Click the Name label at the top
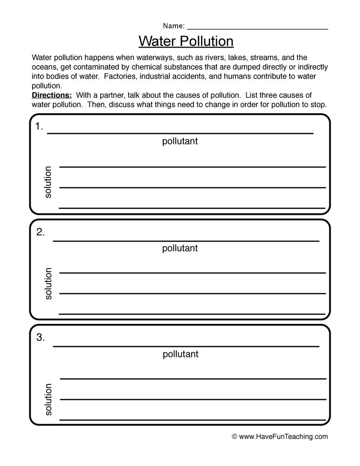pyautogui.click(x=173, y=25)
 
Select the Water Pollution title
pyautogui.click(x=186, y=41)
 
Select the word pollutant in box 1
pyautogui.click(x=180, y=141)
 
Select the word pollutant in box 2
pyautogui.click(x=180, y=248)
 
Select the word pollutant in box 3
pyautogui.click(x=180, y=354)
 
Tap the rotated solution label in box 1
pyautogui.click(x=48, y=182)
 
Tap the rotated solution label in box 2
pyautogui.click(x=48, y=283)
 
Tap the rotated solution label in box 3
pyautogui.click(x=48, y=399)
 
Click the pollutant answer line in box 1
pyautogui.click(x=180, y=133)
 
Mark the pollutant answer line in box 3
pyautogui.click(x=186, y=346)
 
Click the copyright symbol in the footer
pyautogui.click(x=235, y=437)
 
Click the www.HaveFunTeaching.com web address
pyautogui.click(x=284, y=437)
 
